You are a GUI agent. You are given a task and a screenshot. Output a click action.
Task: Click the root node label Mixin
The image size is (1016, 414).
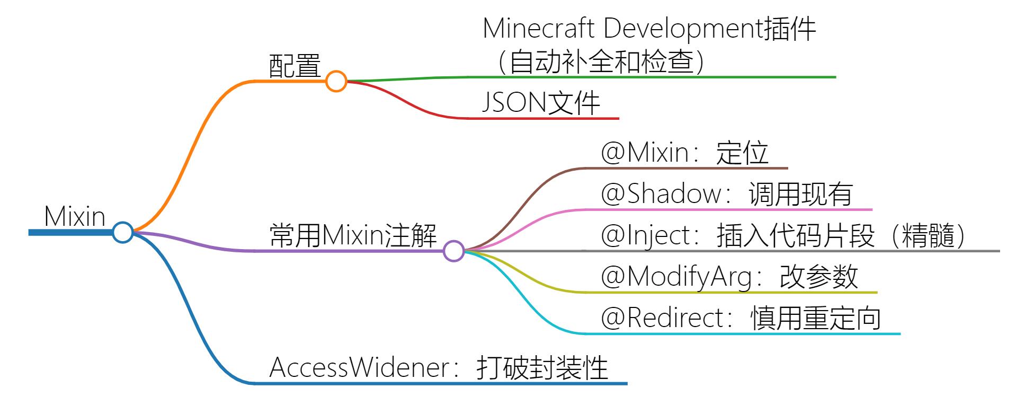pyautogui.click(x=75, y=217)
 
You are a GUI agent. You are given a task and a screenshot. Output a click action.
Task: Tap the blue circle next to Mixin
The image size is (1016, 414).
pyautogui.click(x=123, y=232)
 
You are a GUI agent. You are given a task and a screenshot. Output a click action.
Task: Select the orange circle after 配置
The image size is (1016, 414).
pyautogui.click(x=336, y=82)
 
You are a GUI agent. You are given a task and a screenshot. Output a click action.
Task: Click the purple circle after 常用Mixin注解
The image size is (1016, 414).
pyautogui.click(x=453, y=251)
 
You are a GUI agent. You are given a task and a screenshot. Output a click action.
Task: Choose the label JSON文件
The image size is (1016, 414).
pyautogui.click(x=541, y=103)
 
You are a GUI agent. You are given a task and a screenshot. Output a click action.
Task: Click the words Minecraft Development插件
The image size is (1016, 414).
pyautogui.click(x=649, y=29)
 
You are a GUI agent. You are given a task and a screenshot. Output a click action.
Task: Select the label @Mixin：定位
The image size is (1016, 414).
pyautogui.click(x=684, y=153)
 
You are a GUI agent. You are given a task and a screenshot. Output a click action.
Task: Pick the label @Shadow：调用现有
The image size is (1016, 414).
pyautogui.click(x=726, y=194)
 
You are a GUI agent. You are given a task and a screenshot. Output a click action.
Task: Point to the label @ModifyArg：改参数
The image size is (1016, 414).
pyautogui.click(x=729, y=277)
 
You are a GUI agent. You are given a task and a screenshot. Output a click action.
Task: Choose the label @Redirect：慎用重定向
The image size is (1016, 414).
pyautogui.click(x=741, y=318)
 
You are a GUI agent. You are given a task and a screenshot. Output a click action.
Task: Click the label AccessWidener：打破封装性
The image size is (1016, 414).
pyautogui.click(x=439, y=367)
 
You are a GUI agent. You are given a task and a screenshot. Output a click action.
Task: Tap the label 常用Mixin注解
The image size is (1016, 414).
pyautogui.click(x=353, y=235)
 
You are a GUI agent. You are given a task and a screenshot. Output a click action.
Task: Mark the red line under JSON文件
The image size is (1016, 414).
pyautogui.click(x=546, y=118)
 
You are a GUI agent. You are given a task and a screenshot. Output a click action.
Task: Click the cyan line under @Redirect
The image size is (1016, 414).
pyautogui.click(x=742, y=334)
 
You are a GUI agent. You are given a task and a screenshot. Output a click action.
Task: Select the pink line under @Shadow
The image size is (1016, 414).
pyautogui.click(x=731, y=210)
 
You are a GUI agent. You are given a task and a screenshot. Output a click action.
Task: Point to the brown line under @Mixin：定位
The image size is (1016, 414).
pyautogui.click(x=689, y=168)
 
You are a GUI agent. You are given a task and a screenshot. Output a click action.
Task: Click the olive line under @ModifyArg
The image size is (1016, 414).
pyautogui.click(x=731, y=292)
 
